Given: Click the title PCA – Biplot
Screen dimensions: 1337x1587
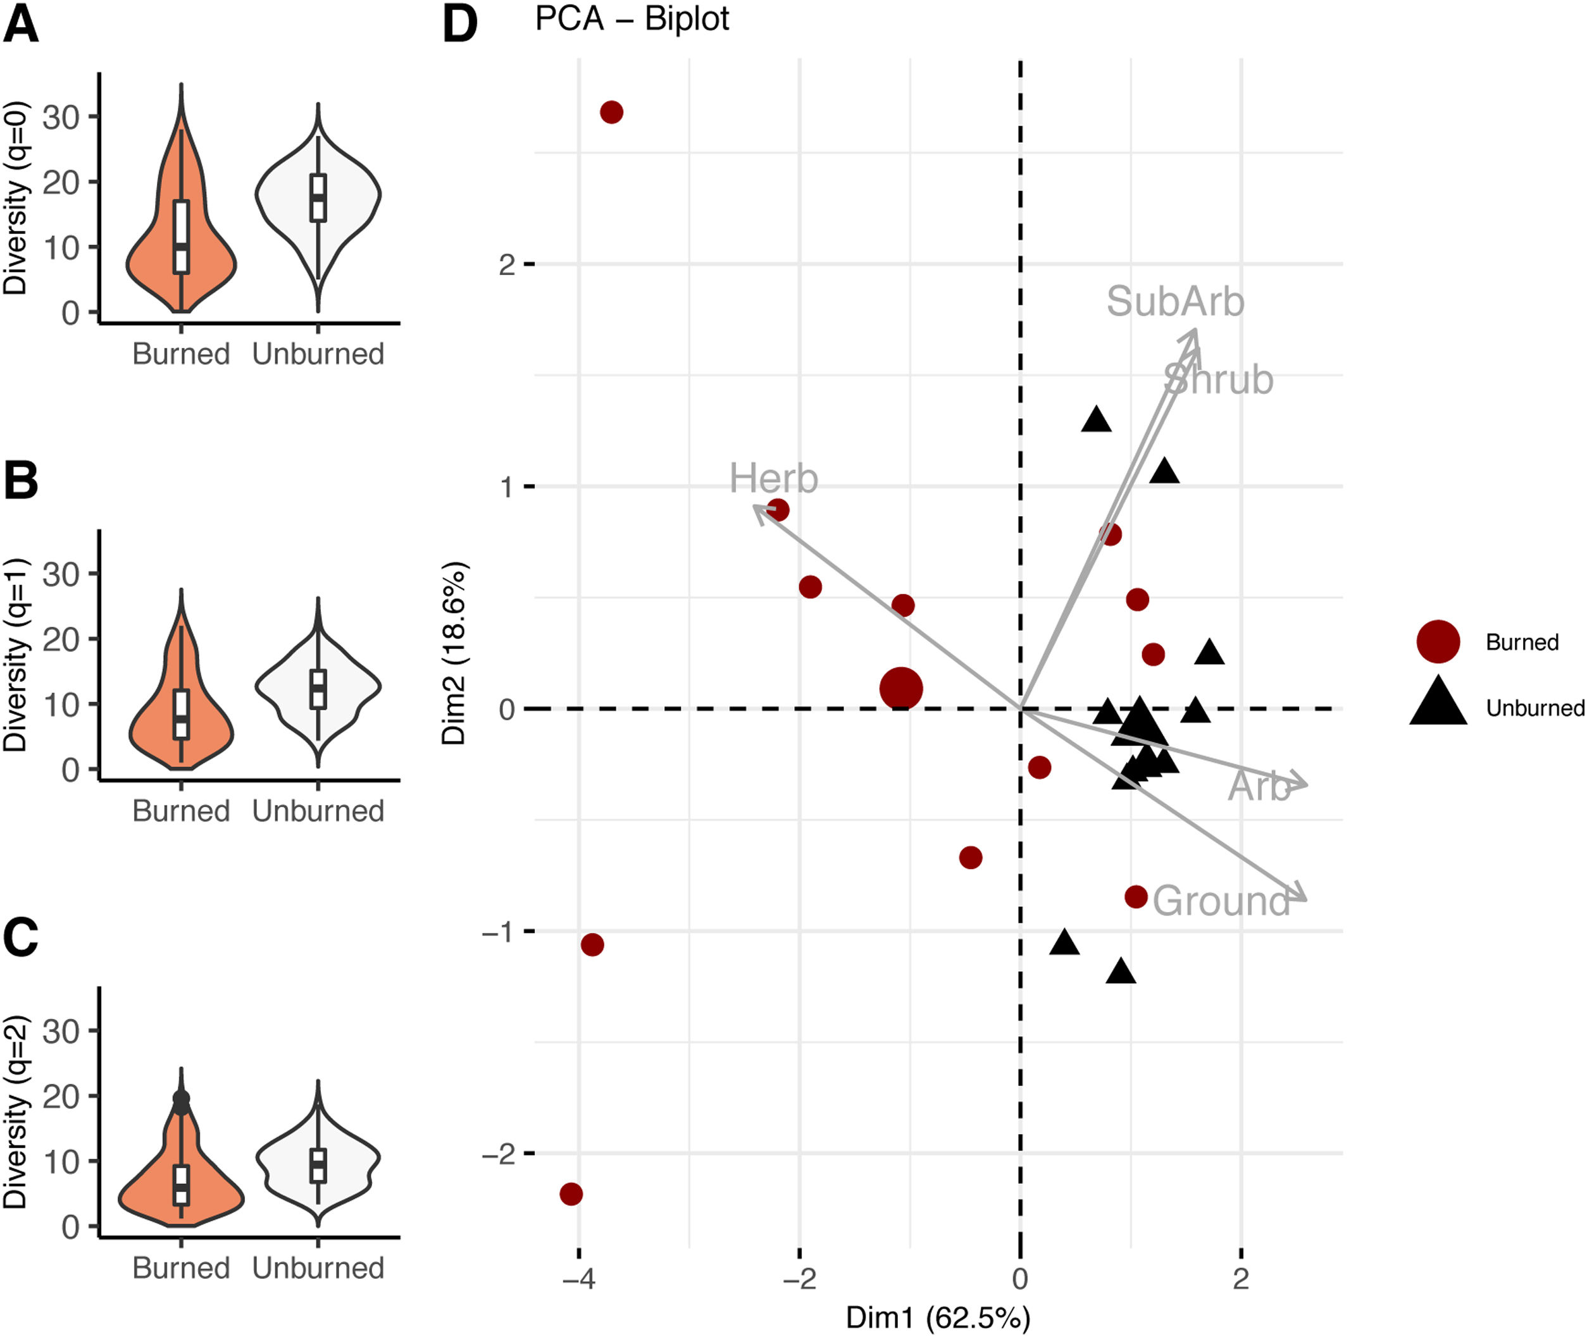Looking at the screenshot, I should [632, 19].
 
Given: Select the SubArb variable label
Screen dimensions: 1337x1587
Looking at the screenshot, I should [1174, 302].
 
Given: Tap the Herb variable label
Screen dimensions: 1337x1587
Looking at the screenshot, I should [773, 479].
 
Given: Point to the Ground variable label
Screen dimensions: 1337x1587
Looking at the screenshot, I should [1221, 901].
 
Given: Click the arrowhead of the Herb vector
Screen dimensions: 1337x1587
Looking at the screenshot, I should [757, 508].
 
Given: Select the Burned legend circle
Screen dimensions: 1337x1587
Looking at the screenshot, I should [1438, 641].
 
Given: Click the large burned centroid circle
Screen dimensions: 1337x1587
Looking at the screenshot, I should [901, 688].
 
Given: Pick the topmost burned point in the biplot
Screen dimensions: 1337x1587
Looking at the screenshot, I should [611, 112].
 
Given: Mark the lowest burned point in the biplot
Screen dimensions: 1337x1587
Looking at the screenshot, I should [571, 1194].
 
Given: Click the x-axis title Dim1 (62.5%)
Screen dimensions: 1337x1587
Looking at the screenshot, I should [938, 1317].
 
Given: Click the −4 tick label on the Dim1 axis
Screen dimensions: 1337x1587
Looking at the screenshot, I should [578, 1279].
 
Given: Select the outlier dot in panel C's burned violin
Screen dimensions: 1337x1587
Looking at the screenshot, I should [181, 1099].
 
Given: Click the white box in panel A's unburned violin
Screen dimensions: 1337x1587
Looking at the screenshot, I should [318, 198].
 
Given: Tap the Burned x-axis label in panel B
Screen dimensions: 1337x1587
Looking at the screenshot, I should [180, 811].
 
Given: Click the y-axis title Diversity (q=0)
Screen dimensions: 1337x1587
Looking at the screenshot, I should [15, 198].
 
